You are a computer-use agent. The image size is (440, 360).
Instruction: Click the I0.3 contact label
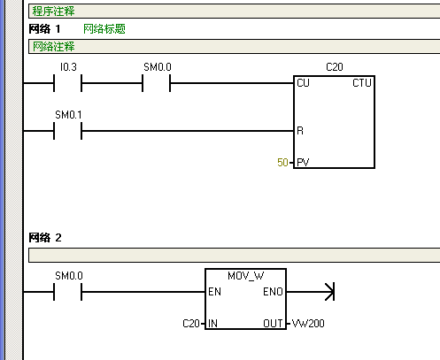(x=67, y=67)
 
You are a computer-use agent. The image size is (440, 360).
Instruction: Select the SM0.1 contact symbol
(x=67, y=132)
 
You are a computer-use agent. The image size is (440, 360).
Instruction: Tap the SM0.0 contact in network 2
(x=67, y=291)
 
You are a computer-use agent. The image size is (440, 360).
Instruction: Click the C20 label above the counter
(x=334, y=67)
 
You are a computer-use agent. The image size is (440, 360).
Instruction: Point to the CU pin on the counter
(x=303, y=83)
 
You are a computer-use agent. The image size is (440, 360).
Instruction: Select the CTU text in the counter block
(x=361, y=83)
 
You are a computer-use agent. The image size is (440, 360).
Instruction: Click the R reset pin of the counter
(x=300, y=132)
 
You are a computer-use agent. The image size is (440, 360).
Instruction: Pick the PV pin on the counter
(x=303, y=164)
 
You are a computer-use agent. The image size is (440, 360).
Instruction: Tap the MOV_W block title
(x=245, y=276)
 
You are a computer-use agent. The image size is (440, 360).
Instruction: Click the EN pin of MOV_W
(x=213, y=291)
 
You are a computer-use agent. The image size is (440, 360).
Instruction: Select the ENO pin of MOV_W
(x=274, y=291)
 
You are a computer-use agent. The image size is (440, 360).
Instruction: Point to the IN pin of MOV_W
(x=212, y=324)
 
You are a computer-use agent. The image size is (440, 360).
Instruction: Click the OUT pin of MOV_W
(x=273, y=324)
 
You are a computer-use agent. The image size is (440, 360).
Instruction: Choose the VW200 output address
(x=308, y=324)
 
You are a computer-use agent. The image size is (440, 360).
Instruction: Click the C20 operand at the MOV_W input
(x=191, y=324)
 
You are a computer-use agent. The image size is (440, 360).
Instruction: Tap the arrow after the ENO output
(x=328, y=291)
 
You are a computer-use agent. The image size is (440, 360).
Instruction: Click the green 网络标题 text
(x=104, y=28)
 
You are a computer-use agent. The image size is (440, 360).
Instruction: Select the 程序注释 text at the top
(x=53, y=11)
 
